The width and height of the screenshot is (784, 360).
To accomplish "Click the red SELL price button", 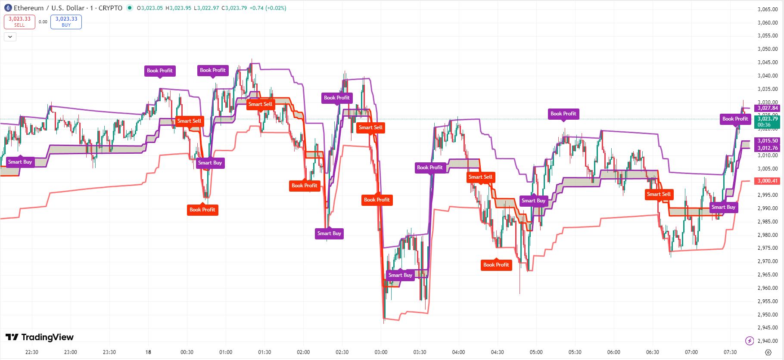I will pos(19,22).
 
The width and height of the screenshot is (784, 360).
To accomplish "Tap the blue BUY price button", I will pos(66,22).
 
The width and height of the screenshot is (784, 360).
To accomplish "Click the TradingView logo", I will pos(40,337).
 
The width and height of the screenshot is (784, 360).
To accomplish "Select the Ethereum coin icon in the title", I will pos(8,8).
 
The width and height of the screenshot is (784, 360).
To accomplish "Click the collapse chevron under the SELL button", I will pos(10,37).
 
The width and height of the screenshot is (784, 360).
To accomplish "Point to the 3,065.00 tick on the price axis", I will pos(767,9).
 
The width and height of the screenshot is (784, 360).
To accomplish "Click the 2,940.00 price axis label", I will pos(767,341).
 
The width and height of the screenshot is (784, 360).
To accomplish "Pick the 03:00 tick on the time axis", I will pos(381,352).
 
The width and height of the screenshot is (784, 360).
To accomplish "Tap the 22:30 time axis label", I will pos(32,352).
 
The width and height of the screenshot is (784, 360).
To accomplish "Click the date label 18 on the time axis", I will pos(148,352).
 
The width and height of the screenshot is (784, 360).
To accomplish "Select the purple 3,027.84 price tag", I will pos(768,108).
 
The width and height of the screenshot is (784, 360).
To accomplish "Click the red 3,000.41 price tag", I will pos(768,181).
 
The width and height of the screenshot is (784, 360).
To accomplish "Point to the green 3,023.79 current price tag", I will pos(768,121).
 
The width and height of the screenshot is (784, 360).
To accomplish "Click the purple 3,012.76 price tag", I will pos(768,148).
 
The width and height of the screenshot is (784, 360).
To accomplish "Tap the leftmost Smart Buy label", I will pos(20,162).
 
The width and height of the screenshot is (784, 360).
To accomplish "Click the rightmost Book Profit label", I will pos(735,119).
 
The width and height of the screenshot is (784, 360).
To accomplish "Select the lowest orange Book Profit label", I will pos(496,265).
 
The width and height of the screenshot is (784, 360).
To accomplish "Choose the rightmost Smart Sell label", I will pos(659,194).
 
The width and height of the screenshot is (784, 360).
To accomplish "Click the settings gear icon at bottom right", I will pos(768,352).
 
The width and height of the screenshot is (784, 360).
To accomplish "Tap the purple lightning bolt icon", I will pos(750,341).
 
